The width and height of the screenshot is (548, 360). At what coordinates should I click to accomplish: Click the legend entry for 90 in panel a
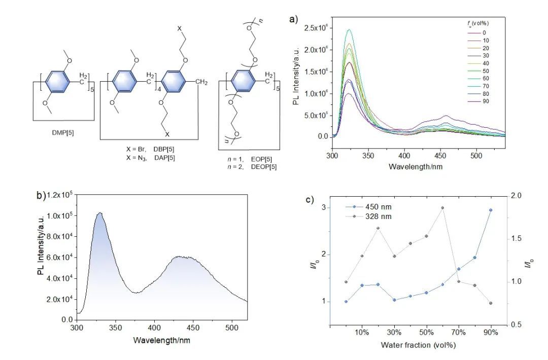tap(487, 101)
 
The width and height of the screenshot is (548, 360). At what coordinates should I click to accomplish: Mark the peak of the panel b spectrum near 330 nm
tap(100, 213)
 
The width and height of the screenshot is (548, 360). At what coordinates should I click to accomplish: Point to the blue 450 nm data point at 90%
tap(491, 210)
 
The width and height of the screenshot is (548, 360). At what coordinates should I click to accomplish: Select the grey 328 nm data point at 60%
tap(442, 208)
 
